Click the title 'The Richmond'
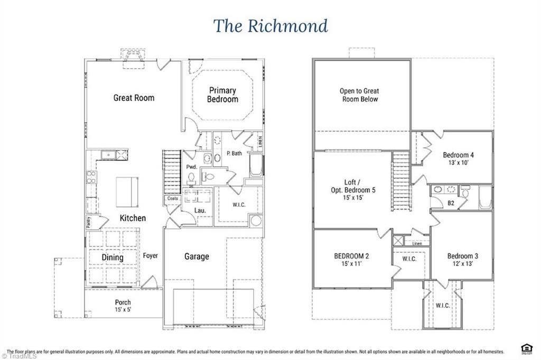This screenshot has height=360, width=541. [x=270, y=26]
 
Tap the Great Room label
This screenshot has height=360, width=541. [x=134, y=98]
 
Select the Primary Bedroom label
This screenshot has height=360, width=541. [x=222, y=94]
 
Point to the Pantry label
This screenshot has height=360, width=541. [x=88, y=222]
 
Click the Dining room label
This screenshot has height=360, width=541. [x=113, y=258]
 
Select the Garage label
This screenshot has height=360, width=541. [x=197, y=257]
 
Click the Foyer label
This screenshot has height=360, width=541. [x=151, y=256]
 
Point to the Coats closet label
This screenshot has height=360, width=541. [x=172, y=198]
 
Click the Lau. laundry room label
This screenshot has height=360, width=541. [x=200, y=210]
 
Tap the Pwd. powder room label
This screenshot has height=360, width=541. [x=191, y=167]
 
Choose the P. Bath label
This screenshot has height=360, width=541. [x=234, y=154]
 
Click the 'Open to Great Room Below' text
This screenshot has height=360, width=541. [x=359, y=95]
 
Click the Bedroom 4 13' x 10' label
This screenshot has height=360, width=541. [x=458, y=159]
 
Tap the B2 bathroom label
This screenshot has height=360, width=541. [x=451, y=203]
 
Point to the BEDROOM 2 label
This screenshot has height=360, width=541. [x=351, y=260]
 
